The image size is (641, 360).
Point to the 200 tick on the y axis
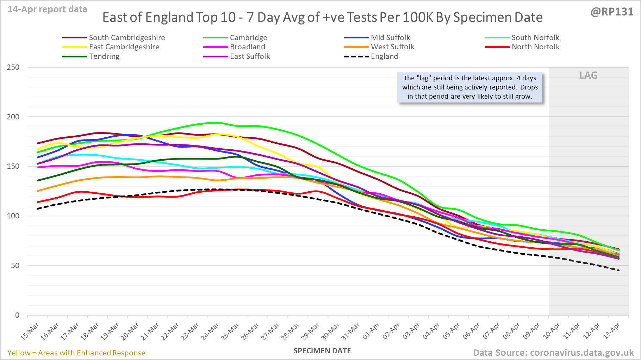pyautogui.click(x=13, y=117)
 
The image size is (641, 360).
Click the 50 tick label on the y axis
pyautogui.click(x=15, y=266)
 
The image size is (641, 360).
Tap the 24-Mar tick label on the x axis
pyautogui.click(x=210, y=331)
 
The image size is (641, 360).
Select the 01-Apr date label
pyautogui.click(x=371, y=331)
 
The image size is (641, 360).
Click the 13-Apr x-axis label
pyautogui.click(x=612, y=331)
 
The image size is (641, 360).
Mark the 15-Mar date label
pyautogui.click(x=30, y=331)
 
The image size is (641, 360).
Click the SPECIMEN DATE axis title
pyautogui.click(x=322, y=351)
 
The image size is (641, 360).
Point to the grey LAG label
pyautogui.click(x=589, y=75)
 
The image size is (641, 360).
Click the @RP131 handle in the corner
pyautogui.click(x=612, y=12)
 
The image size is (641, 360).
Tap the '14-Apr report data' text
pyautogui.click(x=48, y=10)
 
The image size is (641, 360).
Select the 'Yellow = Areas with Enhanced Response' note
pyautogui.click(x=76, y=353)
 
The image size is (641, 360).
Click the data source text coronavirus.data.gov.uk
pyautogui.click(x=553, y=353)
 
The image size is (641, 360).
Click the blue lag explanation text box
pyautogui.click(x=470, y=87)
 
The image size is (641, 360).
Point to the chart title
pyautogui.click(x=322, y=17)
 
